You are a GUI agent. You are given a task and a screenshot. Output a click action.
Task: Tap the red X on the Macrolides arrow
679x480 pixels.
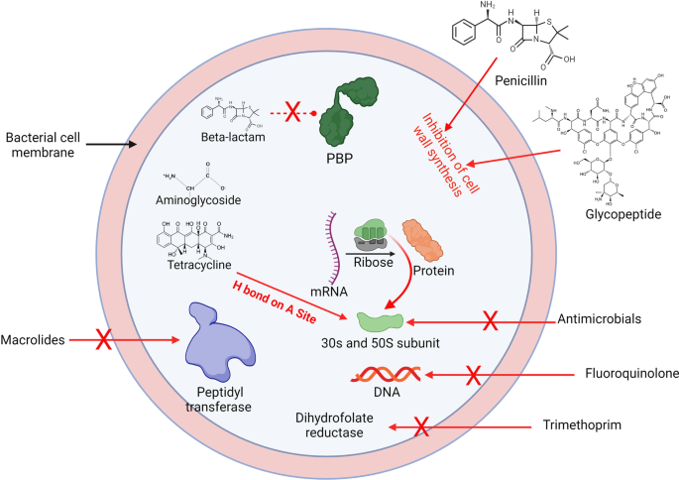click(x=101, y=341)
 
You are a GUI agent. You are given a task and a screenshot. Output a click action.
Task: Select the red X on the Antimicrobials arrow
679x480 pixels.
click(x=490, y=320)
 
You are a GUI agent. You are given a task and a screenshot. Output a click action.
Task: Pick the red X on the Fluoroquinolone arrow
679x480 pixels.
click(x=474, y=375)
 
